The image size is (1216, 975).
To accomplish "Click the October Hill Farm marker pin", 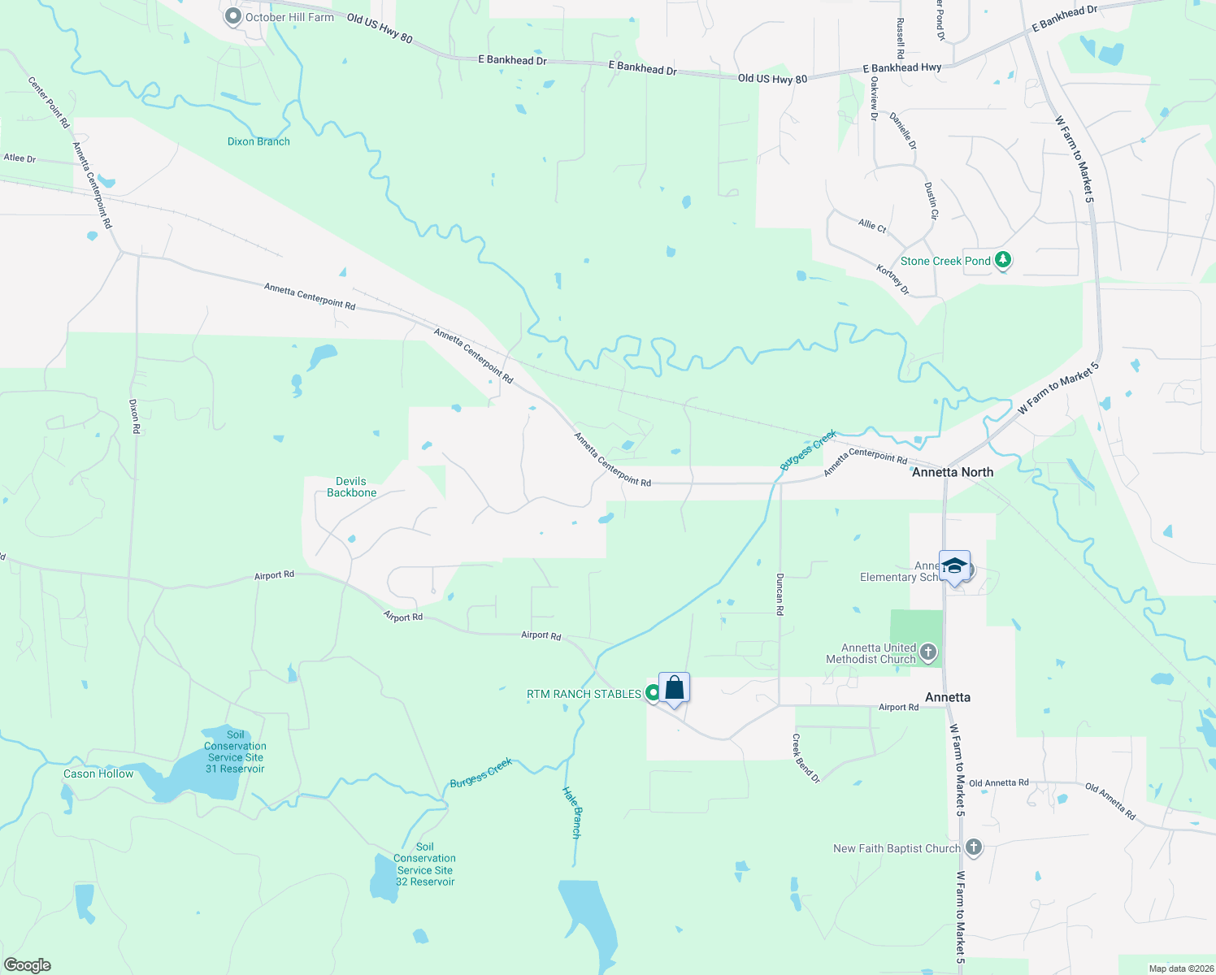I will pyautogui.click(x=233, y=16).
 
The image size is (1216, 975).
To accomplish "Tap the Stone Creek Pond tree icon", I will pyautogui.click(x=1004, y=260).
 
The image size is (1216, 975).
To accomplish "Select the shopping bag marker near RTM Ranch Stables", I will pyautogui.click(x=674, y=688).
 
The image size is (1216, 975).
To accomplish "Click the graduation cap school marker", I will pyautogui.click(x=954, y=566).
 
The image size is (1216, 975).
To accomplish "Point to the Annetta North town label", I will pyautogui.click(x=953, y=472).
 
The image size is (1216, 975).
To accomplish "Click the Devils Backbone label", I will pyautogui.click(x=351, y=487).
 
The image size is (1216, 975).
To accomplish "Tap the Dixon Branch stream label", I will pyautogui.click(x=258, y=141).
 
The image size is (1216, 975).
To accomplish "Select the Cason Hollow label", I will pyautogui.click(x=98, y=773).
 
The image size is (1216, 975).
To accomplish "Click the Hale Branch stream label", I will pyautogui.click(x=572, y=812).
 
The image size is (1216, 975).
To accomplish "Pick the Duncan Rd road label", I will pyautogui.click(x=780, y=594).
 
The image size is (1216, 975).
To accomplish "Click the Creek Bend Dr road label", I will pyautogui.click(x=806, y=758).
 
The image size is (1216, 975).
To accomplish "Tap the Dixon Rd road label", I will pyautogui.click(x=135, y=416).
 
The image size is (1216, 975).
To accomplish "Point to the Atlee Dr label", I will pyautogui.click(x=20, y=158).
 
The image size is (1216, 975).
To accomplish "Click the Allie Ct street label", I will pyautogui.click(x=872, y=225).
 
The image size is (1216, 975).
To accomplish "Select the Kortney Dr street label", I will pyautogui.click(x=892, y=279).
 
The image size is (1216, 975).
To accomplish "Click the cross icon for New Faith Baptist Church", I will pyautogui.click(x=973, y=848).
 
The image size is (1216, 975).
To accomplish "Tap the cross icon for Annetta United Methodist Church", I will pyautogui.click(x=927, y=652).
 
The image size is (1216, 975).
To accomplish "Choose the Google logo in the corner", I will pyautogui.click(x=28, y=965).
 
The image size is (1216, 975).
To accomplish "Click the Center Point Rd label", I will pyautogui.click(x=49, y=102).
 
